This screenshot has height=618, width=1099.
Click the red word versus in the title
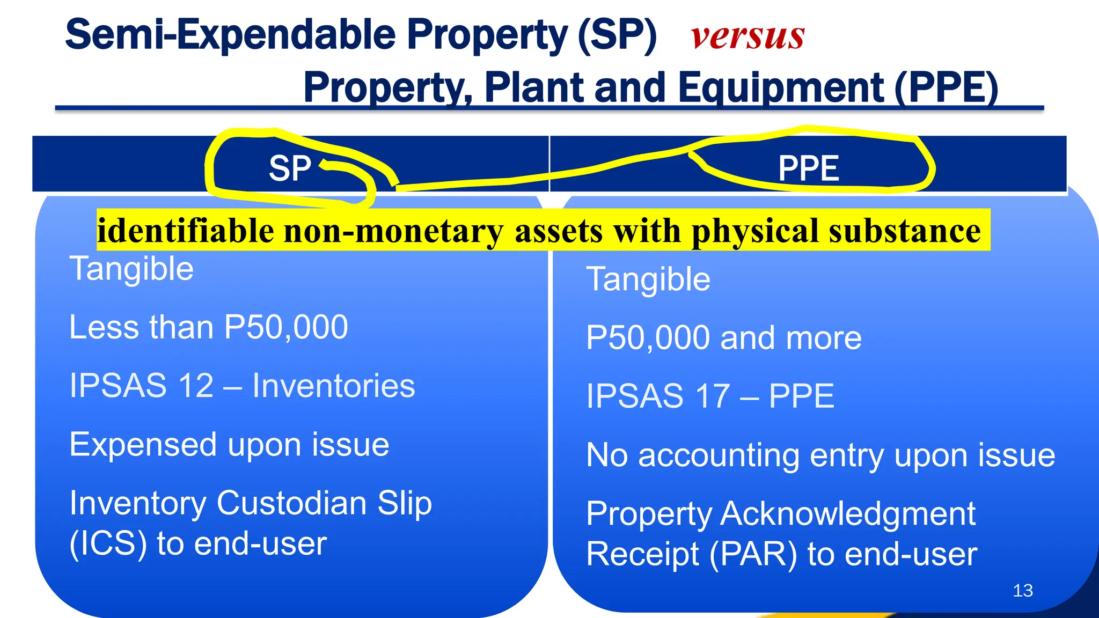(748, 37)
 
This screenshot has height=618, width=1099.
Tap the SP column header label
(290, 168)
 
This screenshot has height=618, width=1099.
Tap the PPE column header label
(808, 168)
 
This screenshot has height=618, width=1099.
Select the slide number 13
(1023, 591)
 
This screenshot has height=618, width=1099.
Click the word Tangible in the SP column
(131, 269)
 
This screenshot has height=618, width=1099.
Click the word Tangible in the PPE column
(648, 279)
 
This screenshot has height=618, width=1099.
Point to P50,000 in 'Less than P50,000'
(286, 327)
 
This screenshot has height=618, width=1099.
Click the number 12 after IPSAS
(196, 386)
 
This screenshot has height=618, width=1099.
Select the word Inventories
(334, 386)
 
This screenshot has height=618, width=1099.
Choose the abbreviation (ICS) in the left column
(108, 543)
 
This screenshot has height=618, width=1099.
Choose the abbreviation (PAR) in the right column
(753, 554)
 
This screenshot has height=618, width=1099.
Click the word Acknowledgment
(848, 514)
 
